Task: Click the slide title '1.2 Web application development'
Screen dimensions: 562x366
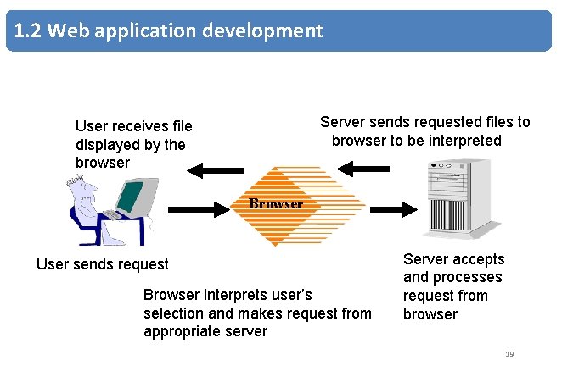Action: click(x=168, y=30)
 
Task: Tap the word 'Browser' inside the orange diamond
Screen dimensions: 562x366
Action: click(x=276, y=203)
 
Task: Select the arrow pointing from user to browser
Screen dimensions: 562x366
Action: click(x=199, y=209)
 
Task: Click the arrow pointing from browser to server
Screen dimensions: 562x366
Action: click(x=394, y=209)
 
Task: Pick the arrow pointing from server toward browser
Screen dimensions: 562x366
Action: click(x=363, y=169)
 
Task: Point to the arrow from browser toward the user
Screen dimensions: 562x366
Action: click(x=216, y=170)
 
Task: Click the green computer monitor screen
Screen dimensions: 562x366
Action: click(x=130, y=197)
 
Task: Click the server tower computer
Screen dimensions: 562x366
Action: click(x=461, y=198)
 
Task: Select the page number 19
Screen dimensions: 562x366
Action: click(x=509, y=354)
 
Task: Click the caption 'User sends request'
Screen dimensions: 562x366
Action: click(x=103, y=264)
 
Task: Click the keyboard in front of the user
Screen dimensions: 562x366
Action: click(x=113, y=214)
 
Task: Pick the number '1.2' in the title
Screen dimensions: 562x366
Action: click(x=28, y=30)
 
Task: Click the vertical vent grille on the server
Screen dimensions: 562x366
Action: click(x=448, y=214)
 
